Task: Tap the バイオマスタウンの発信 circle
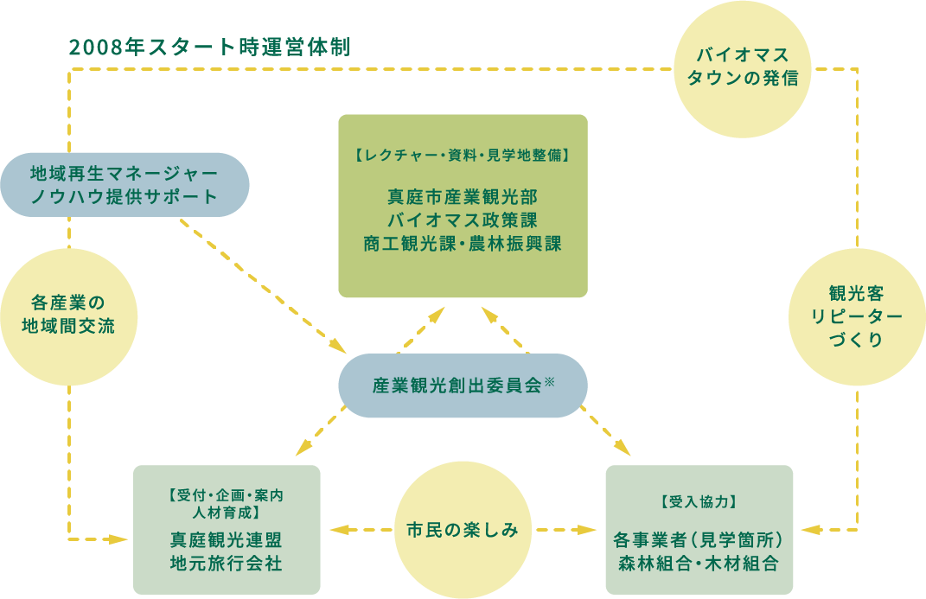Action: click(x=744, y=68)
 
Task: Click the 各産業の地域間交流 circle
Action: click(x=68, y=315)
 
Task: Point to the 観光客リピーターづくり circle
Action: click(x=858, y=316)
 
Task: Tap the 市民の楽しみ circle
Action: click(x=463, y=529)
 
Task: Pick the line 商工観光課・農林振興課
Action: click(x=463, y=244)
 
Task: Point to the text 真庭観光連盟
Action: click(x=227, y=540)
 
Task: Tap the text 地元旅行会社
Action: click(x=227, y=564)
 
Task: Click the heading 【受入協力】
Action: click(x=699, y=501)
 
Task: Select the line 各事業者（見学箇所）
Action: click(x=699, y=540)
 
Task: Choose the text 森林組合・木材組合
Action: click(x=699, y=564)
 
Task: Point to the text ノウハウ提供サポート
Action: click(x=125, y=196)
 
